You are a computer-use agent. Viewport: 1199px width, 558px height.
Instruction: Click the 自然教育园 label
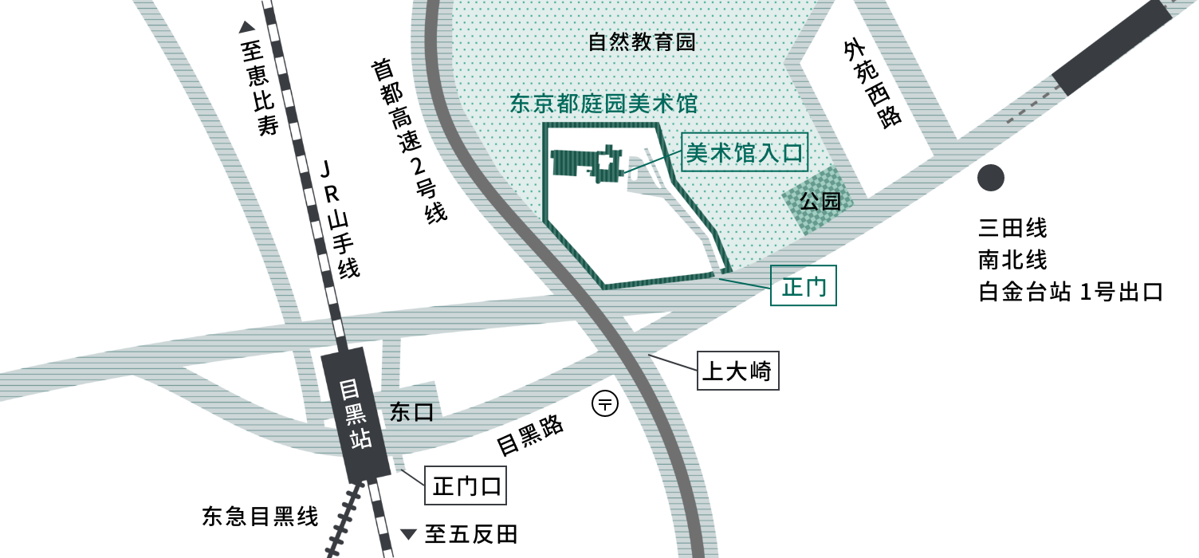(x=642, y=42)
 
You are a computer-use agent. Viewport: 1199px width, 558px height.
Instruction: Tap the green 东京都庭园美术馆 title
(x=603, y=104)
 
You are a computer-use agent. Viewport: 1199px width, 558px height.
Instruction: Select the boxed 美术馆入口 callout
(x=745, y=152)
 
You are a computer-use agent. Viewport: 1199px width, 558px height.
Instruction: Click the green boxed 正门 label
(x=804, y=286)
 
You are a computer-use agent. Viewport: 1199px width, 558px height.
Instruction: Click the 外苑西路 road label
(x=873, y=84)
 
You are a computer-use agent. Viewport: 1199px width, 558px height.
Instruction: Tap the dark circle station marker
(x=991, y=178)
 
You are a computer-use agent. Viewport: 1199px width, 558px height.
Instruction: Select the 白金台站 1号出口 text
(x=1071, y=292)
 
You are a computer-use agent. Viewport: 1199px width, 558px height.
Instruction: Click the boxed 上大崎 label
(x=737, y=371)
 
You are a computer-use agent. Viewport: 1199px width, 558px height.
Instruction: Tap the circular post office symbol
(x=605, y=404)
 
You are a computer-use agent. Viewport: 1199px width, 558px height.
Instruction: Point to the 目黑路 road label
(x=530, y=434)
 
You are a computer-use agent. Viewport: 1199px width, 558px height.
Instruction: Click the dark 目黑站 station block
(x=355, y=414)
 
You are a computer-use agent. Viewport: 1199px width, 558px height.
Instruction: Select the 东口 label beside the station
(x=411, y=413)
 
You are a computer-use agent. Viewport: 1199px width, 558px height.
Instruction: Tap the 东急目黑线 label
(x=260, y=517)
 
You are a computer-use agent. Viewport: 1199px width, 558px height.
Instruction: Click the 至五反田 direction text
(x=462, y=533)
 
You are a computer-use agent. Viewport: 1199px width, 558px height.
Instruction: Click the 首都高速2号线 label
(x=408, y=140)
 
